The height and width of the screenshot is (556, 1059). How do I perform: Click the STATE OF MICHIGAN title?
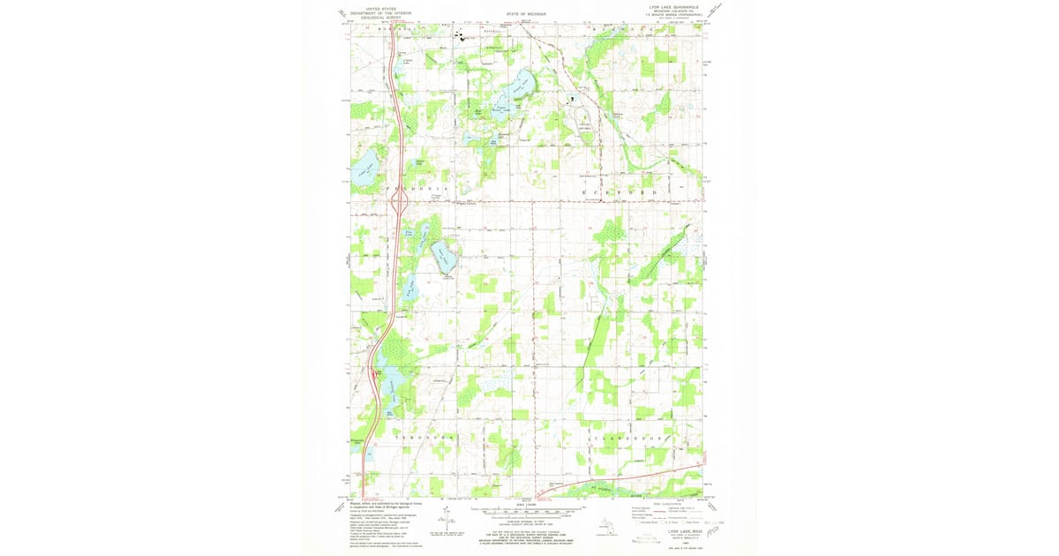tap(527, 14)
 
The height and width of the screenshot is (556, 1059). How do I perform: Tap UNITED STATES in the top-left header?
tap(375, 6)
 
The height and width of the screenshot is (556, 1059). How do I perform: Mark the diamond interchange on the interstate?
tap(397, 202)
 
